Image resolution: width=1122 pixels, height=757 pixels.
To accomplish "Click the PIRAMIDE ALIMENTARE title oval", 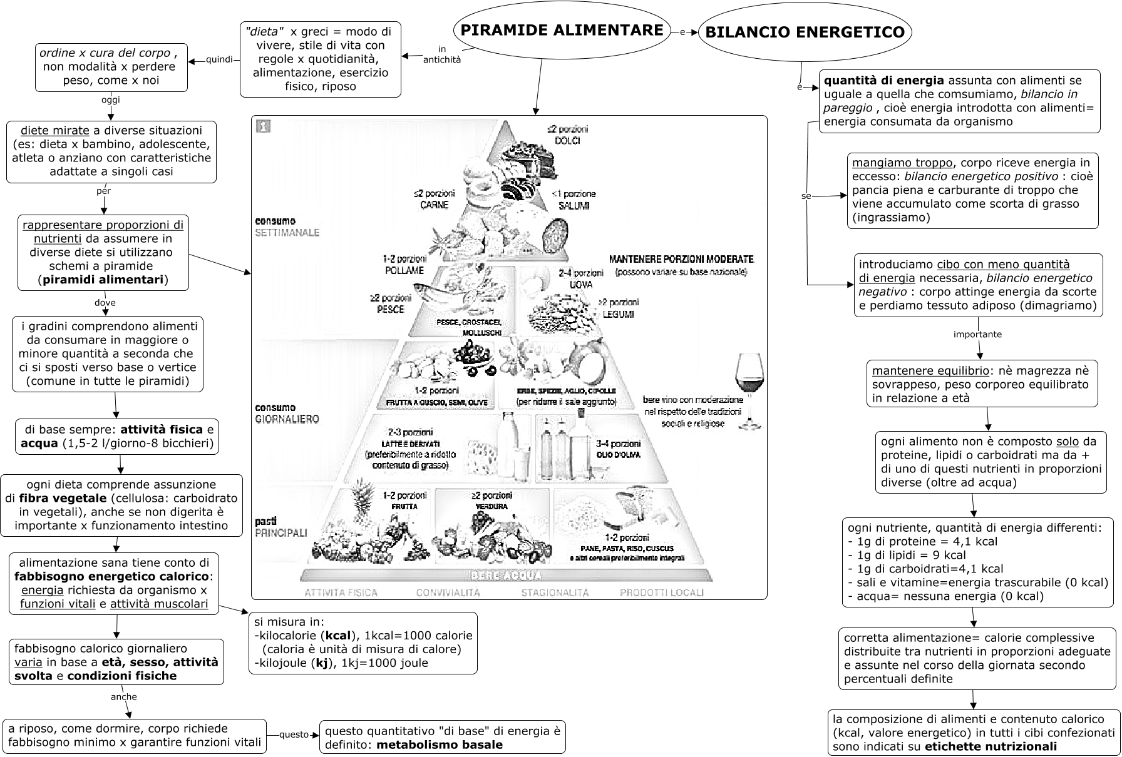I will pyautogui.click(x=562, y=30).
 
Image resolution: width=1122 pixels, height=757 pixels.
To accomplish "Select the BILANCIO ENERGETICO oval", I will pyautogui.click(x=805, y=33).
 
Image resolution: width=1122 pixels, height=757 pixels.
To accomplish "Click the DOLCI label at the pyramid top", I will pyautogui.click(x=567, y=140).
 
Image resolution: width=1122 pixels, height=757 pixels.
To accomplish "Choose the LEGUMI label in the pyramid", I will pyautogui.click(x=619, y=313).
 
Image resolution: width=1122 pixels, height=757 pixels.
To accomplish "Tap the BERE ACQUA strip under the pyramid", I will pyautogui.click(x=506, y=576).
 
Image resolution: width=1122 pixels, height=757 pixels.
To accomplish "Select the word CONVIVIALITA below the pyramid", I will pyautogui.click(x=448, y=592).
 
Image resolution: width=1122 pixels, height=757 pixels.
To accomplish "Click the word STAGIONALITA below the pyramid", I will pyautogui.click(x=555, y=592).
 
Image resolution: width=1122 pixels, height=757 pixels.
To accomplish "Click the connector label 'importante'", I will pyautogui.click(x=977, y=334).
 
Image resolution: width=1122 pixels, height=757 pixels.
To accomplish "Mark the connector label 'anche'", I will pyautogui.click(x=123, y=696).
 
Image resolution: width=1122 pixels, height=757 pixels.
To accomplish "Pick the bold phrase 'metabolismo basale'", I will pyautogui.click(x=440, y=744).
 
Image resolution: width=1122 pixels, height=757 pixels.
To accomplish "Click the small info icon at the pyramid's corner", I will pyautogui.click(x=264, y=127).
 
